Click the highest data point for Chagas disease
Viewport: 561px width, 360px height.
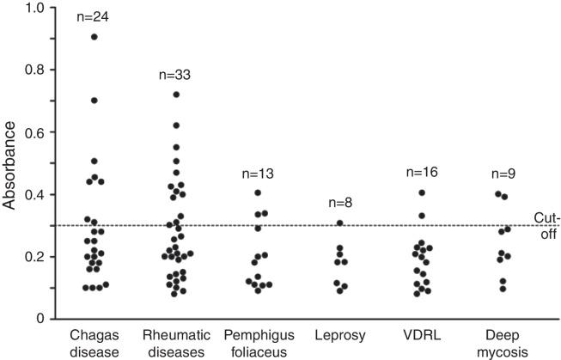(95, 37)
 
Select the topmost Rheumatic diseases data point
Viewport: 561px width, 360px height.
(176, 95)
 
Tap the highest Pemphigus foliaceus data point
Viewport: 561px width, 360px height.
(257, 193)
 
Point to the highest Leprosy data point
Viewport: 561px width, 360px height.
(339, 223)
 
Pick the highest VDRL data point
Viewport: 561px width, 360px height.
(422, 193)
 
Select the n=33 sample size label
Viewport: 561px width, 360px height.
(176, 75)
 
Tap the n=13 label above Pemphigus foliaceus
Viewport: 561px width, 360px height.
(257, 174)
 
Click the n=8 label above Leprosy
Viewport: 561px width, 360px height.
(339, 204)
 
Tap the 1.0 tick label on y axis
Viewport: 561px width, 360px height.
(36, 8)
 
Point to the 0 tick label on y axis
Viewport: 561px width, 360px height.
(42, 319)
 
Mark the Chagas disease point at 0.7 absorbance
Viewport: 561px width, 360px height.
(95, 101)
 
